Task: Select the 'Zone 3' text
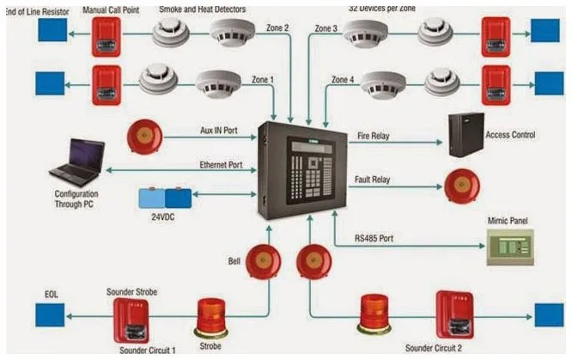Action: [x=327, y=28]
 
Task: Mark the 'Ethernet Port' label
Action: [x=222, y=163]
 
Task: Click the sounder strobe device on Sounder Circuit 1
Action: [x=131, y=320]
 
